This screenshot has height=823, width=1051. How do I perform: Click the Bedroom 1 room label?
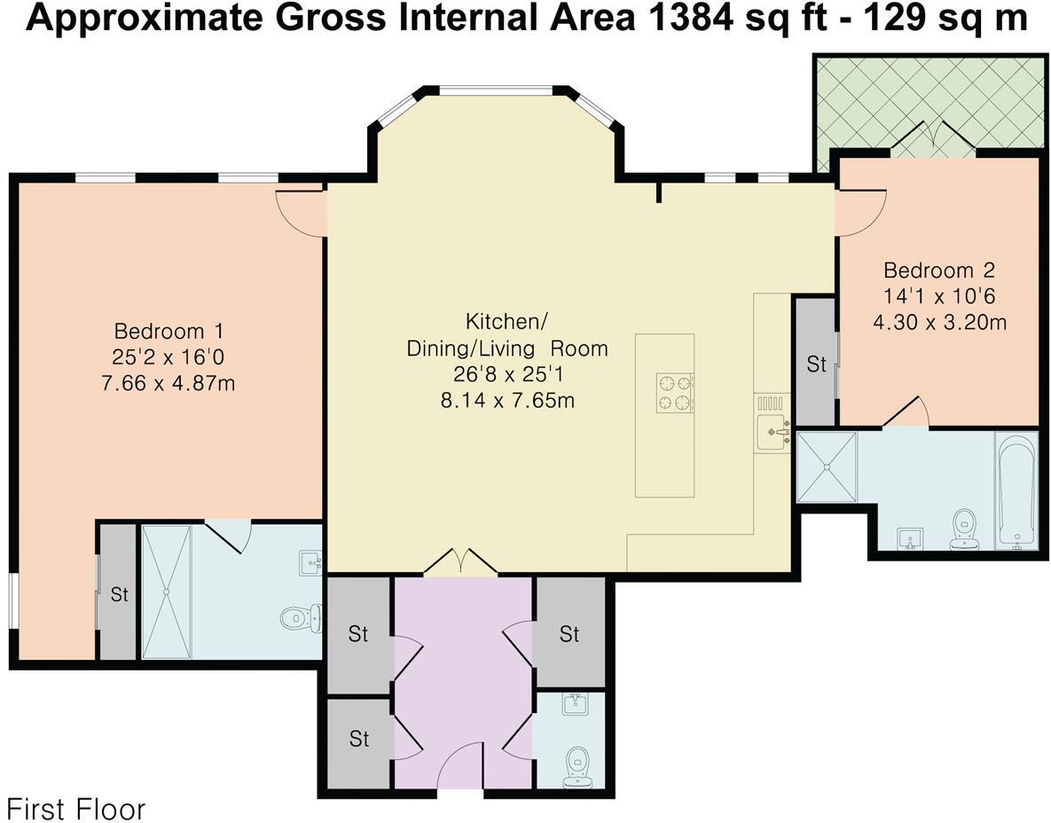[169, 331]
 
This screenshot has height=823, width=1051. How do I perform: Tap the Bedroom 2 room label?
[939, 270]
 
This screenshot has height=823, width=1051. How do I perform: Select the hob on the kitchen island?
[675, 392]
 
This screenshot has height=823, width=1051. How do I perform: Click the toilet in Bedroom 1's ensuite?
[301, 617]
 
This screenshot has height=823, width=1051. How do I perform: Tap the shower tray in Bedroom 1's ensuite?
[166, 592]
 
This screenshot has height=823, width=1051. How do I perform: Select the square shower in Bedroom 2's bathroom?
[827, 466]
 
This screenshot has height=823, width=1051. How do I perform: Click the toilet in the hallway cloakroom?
[577, 767]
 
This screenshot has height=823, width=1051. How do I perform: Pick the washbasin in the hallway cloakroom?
[575, 704]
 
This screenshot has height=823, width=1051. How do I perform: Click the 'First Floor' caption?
[75, 809]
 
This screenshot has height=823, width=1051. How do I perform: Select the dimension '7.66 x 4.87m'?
[169, 383]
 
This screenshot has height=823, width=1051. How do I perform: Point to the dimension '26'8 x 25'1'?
[507, 374]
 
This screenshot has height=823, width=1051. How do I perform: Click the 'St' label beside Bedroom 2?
[816, 364]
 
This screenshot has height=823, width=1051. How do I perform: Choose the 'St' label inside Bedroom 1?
[120, 594]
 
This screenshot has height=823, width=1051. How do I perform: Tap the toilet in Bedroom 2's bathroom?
[965, 527]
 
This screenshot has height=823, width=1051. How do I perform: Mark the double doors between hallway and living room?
[460, 561]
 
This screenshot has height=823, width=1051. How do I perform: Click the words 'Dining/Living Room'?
[507, 349]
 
